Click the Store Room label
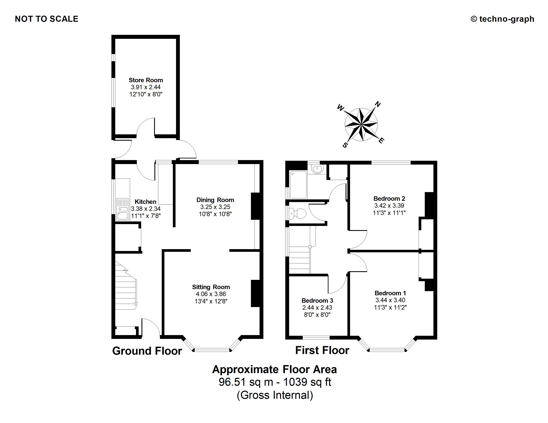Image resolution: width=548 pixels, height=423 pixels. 146,80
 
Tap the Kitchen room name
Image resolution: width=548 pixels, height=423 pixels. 145,202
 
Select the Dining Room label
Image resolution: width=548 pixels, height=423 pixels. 215,200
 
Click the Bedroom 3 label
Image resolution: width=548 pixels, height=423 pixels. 317,300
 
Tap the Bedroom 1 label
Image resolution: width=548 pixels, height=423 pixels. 390,293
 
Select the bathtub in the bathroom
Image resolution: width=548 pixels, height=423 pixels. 298,184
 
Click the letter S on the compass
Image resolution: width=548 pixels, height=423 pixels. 345,145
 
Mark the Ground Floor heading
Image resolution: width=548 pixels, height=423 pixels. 147,351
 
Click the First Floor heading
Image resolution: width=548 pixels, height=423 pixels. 322,350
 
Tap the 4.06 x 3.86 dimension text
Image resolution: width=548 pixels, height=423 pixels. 211,294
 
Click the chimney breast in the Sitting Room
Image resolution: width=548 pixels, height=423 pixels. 255,293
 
